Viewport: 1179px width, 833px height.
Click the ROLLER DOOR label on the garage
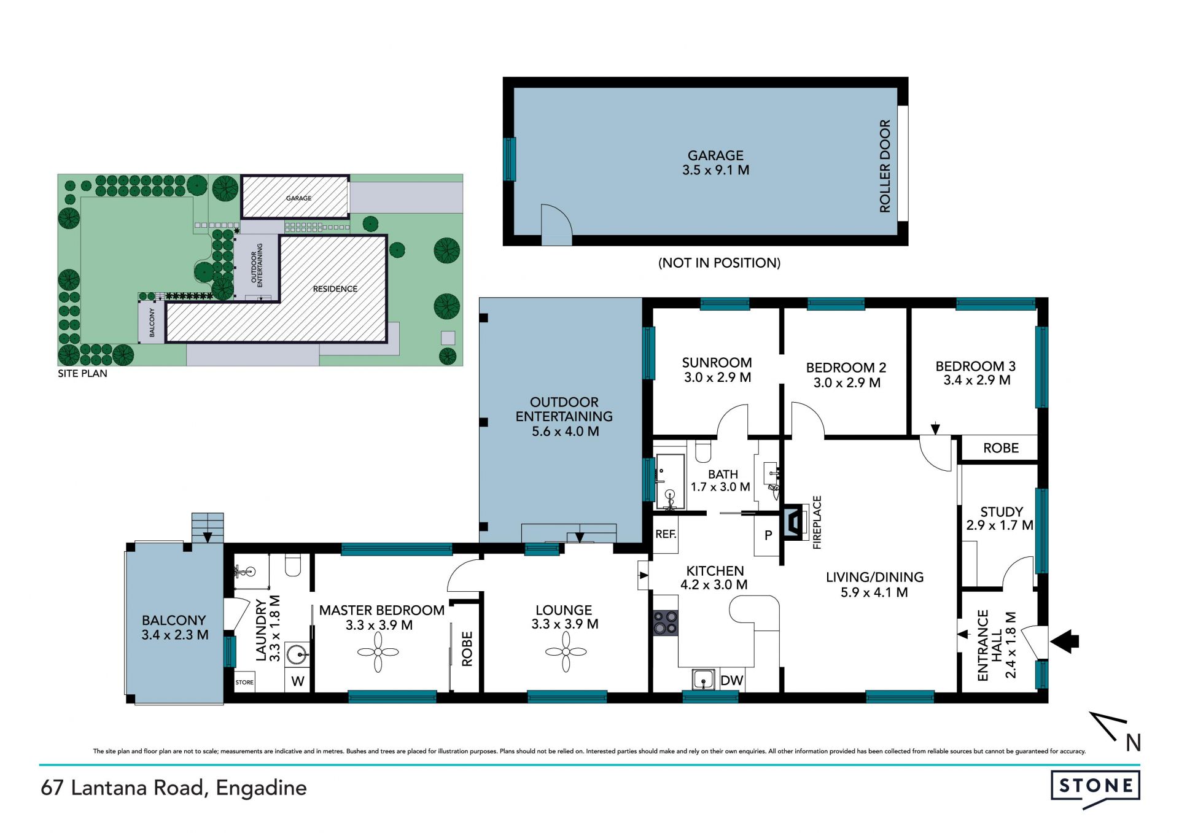point(885,166)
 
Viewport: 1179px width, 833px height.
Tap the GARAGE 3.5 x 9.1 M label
point(715,163)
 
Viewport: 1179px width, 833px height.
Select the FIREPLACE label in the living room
point(817,522)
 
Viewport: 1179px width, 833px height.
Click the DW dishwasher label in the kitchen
point(731,680)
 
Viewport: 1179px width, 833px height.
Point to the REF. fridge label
point(666,534)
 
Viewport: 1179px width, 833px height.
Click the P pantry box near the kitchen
point(768,535)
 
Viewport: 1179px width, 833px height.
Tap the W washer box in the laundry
point(298,681)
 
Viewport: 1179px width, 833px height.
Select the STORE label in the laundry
point(244,682)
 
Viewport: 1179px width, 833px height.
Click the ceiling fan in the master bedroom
point(378,652)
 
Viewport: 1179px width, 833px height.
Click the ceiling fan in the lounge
point(566,652)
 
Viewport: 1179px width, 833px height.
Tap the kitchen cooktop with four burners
point(666,622)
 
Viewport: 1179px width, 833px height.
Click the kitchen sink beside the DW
point(704,680)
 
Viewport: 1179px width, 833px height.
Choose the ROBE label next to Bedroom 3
point(1001,448)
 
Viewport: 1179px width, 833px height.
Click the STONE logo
point(1095,788)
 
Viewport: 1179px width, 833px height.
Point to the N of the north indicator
point(1134,743)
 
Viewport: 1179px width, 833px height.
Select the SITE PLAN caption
point(82,373)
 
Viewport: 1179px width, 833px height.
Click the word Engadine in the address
point(261,788)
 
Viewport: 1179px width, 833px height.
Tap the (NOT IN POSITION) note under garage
point(719,263)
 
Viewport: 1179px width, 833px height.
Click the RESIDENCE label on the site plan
point(335,289)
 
